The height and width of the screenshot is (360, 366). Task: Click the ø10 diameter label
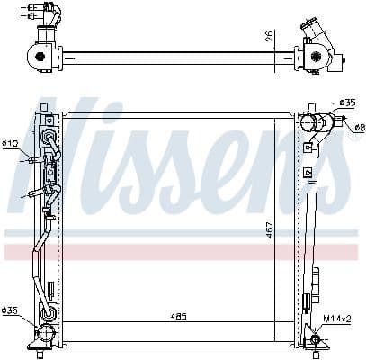click(x=10, y=143)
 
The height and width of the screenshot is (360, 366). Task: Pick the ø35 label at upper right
click(x=349, y=103)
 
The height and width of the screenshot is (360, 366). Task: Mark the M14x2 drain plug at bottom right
click(x=315, y=339)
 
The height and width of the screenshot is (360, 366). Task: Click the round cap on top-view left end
click(x=39, y=58)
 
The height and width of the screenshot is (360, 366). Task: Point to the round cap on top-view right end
click(x=316, y=58)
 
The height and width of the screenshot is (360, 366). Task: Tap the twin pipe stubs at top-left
click(x=45, y=11)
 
